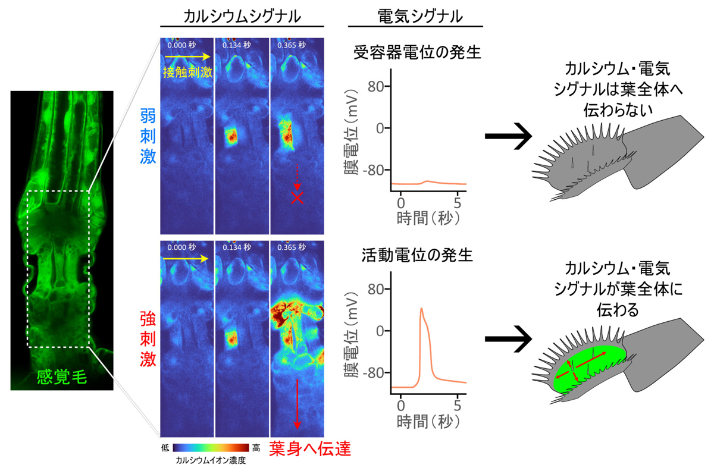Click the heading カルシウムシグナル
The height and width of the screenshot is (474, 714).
pyautogui.click(x=242, y=16)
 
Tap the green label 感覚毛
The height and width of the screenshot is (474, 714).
pyautogui.click(x=62, y=376)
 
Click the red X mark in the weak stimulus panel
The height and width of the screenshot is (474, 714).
pyautogui.click(x=297, y=199)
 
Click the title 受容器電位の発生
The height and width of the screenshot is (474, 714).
pyautogui.click(x=416, y=54)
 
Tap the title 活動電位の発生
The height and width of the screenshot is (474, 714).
pyautogui.click(x=416, y=256)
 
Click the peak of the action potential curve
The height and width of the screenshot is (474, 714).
pyautogui.click(x=421, y=308)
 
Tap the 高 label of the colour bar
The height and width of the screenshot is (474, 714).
pyautogui.click(x=256, y=448)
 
